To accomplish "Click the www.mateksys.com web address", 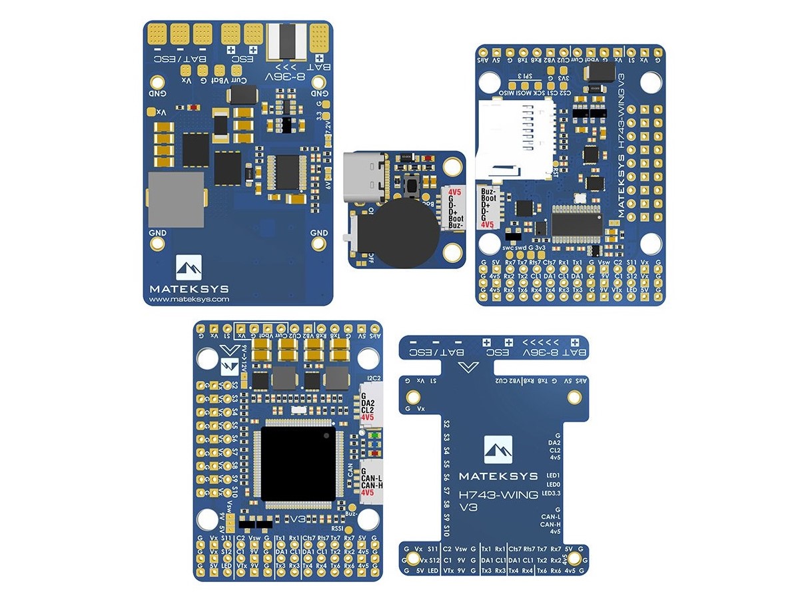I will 189,300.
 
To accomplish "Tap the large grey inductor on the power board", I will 175,199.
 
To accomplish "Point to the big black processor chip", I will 298,463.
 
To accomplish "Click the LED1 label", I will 552,475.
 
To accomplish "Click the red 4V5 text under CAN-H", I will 369,493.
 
